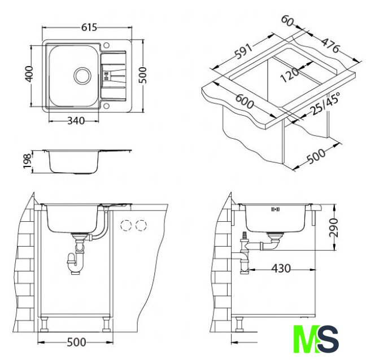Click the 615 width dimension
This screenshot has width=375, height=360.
89,28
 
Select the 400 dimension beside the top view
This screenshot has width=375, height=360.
29,74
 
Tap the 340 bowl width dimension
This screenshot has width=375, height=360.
76,121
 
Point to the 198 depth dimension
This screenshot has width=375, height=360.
27,161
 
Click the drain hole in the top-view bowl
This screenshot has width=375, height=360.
82,76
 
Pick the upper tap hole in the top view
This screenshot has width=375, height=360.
106,45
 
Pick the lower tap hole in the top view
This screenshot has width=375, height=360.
106,106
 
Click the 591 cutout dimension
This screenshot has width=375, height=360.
243,51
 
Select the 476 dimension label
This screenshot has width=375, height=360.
330,45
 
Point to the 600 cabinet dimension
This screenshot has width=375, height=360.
244,102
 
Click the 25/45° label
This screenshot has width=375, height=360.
325,103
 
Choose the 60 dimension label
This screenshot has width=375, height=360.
287,20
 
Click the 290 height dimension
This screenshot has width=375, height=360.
333,227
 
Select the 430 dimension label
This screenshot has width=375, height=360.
281,269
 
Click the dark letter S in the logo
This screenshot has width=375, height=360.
328,339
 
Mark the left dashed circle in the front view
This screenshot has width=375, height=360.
126,225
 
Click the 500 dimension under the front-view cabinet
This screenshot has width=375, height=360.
76,343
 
